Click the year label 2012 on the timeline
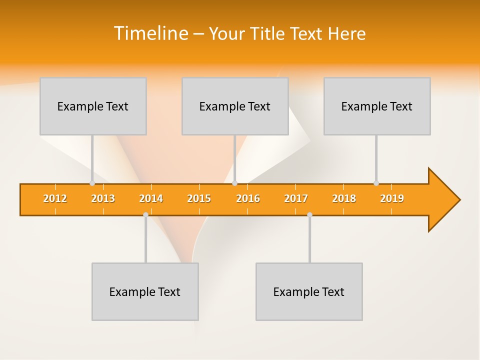point(55,198)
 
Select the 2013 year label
point(103,198)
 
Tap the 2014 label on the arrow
point(151,198)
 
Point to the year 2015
point(199,198)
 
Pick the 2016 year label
point(248,198)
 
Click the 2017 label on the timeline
point(296,198)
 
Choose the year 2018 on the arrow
point(344,198)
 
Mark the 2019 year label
point(392,198)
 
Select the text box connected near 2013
point(93,106)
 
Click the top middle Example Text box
point(235,106)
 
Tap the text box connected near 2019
point(377,106)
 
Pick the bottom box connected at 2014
point(145,291)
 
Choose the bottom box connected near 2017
point(309,291)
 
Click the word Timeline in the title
point(150,33)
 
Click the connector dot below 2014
point(145,214)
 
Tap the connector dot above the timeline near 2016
point(234,183)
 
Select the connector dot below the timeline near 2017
point(309,214)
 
